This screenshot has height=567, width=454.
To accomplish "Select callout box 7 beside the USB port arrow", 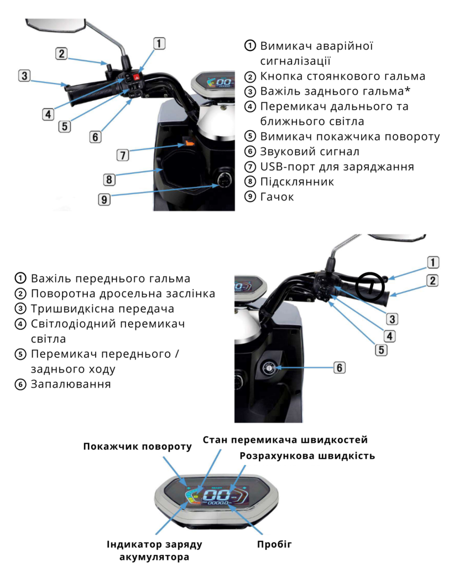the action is pos(123,155).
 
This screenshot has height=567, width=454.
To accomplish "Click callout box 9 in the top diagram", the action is pos(104,199).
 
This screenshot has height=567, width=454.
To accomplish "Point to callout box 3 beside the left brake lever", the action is pos(24,75).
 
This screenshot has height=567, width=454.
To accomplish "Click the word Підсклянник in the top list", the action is pos(297,182).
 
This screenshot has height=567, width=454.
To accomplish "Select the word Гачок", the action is pos(276,197).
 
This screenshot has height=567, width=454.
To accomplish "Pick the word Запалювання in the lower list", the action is pos(71,384).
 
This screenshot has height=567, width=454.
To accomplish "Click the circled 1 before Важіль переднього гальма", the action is pos(20,278).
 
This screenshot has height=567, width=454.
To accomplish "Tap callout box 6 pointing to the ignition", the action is pos(339,368).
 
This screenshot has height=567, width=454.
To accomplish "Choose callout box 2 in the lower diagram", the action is pos(432,281).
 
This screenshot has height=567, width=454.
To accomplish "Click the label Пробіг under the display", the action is pos(274,544).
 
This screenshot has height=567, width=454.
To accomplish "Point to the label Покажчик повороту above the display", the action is pos(137,447).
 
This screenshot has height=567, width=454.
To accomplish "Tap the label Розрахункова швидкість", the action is pos(307,456).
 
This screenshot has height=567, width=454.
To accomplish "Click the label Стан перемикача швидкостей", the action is pos(285,440).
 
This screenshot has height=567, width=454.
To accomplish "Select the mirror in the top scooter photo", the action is pos(56,25).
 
